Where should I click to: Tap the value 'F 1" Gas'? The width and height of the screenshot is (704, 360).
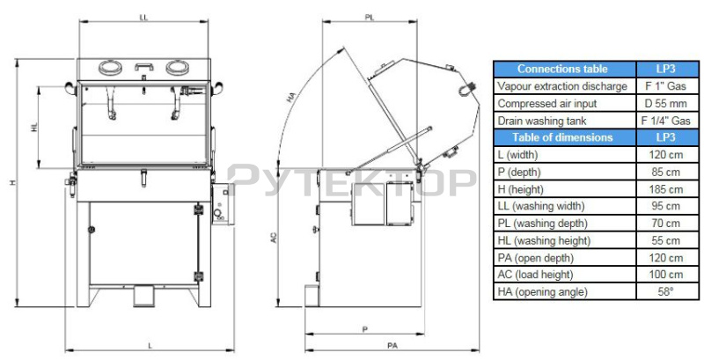[667, 86]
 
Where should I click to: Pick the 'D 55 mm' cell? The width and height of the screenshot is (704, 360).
[667, 103]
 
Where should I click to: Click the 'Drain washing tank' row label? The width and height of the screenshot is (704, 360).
[542, 121]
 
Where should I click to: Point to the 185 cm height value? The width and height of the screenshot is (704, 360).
[667, 189]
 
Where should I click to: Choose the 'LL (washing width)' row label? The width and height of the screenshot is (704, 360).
[541, 206]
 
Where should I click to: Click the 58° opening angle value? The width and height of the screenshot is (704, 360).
[667, 291]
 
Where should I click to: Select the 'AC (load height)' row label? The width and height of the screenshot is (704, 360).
[535, 275]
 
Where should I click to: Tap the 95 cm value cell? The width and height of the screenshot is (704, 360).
[667, 206]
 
